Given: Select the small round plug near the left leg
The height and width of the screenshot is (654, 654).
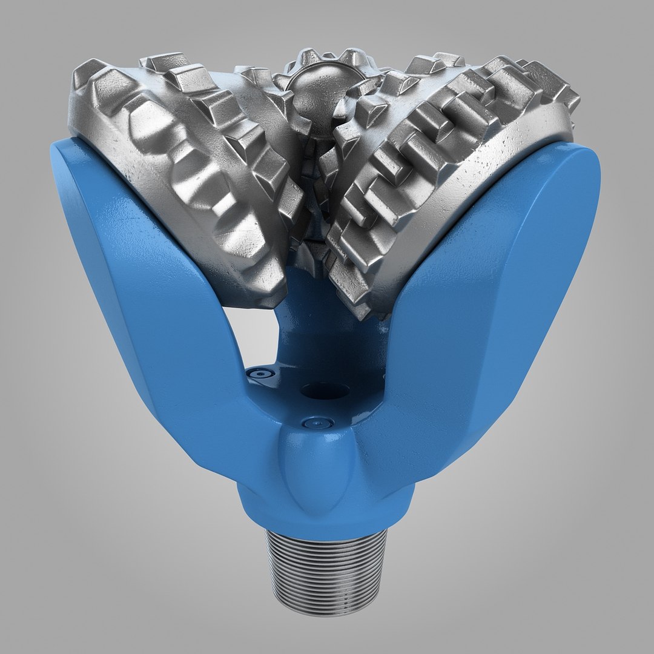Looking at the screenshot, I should pyautogui.click(x=260, y=374).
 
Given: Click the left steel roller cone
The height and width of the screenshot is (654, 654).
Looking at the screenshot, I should pyautogui.click(x=194, y=170).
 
